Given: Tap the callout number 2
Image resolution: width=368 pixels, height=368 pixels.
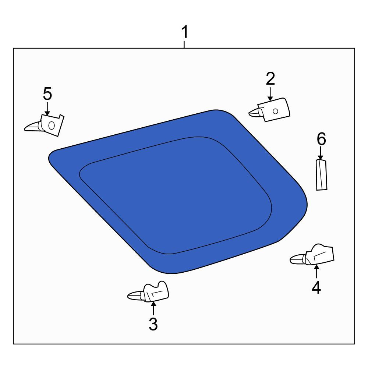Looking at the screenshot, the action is tap(270, 79).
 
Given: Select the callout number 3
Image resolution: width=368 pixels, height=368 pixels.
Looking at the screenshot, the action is tap(153, 324).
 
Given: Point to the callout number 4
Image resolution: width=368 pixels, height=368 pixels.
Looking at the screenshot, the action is tap(316, 287).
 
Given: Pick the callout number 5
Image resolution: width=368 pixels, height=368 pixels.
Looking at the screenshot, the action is tap(47, 93).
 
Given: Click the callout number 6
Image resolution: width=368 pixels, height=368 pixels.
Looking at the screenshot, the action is tap(321, 139).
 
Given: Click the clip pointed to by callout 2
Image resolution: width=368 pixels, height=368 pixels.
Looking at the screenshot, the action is tap(270, 110).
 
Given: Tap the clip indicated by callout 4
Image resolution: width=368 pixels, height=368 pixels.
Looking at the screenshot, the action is tap(312, 255).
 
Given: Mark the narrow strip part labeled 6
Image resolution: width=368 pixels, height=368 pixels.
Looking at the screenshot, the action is tap(322, 175).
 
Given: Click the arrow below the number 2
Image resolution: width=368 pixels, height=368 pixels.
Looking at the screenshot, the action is tap(270, 94).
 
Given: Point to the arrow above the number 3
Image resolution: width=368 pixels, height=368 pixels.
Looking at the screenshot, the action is tap(153, 308).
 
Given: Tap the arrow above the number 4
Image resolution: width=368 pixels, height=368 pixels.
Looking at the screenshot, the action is tap(316, 271).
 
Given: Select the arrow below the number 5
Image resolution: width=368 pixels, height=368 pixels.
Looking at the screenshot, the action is tap(47, 109).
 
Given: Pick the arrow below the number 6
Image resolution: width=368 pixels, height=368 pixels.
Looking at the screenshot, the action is tap(321, 153).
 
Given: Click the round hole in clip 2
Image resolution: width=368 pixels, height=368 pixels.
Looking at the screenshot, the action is tap(276, 111).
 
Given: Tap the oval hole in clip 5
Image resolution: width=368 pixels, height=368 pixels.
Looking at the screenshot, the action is tap(52, 125).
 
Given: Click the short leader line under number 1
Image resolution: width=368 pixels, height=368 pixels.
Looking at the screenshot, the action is tap(184, 45).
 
